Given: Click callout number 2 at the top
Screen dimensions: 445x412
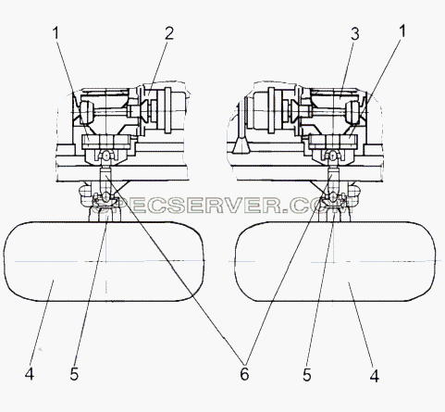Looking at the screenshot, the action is coord(169,33).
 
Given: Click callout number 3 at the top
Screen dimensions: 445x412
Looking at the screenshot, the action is coord(355,34).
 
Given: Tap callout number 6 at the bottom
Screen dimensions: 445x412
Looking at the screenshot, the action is coord(244,374).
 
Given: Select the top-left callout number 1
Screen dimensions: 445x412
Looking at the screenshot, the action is coord(56,33).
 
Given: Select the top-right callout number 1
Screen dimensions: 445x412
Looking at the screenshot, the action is coord(402,31).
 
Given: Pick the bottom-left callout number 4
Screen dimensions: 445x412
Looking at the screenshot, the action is coord(30,374).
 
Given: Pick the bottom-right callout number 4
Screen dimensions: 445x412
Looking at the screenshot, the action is coord(374,376).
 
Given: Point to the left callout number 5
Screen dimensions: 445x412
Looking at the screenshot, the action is coord(74,374).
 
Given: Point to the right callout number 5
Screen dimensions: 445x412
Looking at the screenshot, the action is coord(307,375).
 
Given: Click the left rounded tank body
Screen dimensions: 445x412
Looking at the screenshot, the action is coord(104,261).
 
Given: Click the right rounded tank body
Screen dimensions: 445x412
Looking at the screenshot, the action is coord(335,261).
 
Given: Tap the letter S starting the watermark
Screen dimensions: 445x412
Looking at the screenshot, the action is coord(106,205).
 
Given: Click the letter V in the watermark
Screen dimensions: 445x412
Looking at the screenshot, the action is coord(233,205).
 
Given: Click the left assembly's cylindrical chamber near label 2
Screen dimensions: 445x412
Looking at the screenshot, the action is coord(172,110).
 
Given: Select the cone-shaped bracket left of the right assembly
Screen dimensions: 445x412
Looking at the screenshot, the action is coord(241,145).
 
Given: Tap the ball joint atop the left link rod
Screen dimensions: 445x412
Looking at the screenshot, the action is coord(105,156).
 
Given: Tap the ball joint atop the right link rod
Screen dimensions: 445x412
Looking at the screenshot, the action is coord(333,156).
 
